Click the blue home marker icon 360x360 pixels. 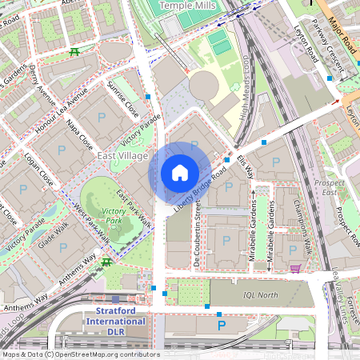click(x=180, y=172)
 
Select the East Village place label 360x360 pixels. click(x=122, y=156)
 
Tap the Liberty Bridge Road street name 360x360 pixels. click(x=204, y=193)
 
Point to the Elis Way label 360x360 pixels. click(x=245, y=166)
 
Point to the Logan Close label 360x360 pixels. click(x=38, y=169)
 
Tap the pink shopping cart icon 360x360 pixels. click(x=295, y=269)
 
